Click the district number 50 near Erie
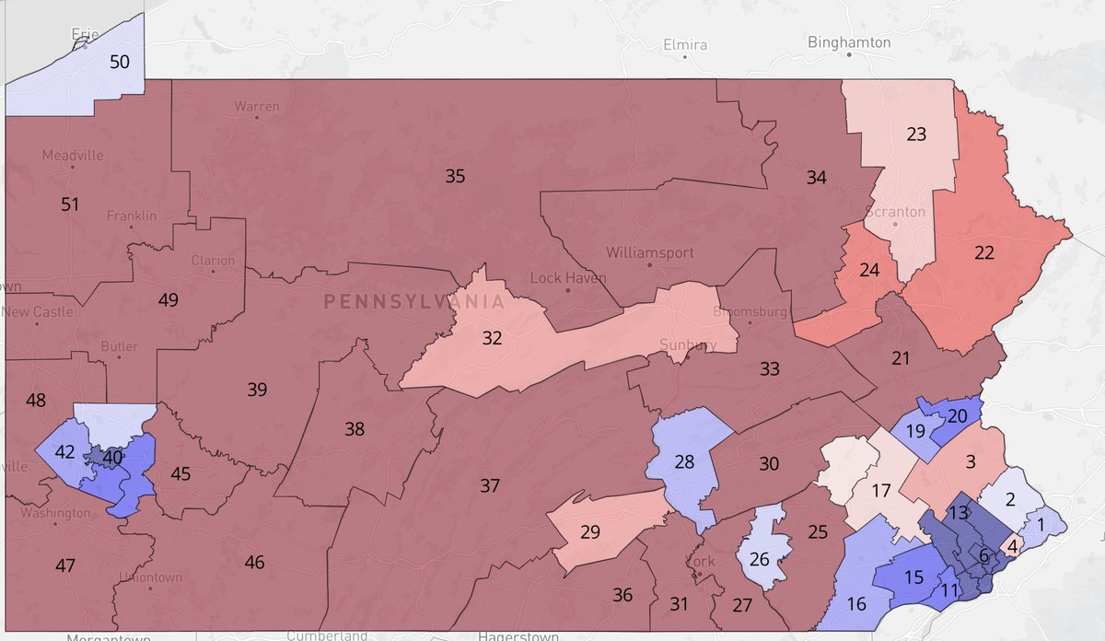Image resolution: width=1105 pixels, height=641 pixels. click(120, 63)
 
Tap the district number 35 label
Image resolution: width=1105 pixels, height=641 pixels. click(455, 176)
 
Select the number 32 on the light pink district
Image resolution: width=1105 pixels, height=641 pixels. click(493, 338)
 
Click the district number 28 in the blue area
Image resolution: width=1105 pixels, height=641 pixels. click(683, 461)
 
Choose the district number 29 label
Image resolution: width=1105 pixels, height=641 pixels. click(590, 531)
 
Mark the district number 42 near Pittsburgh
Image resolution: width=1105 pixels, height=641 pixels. click(64, 452)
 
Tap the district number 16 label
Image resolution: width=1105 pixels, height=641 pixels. click(856, 604)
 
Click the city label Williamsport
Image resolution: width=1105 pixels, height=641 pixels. click(650, 251)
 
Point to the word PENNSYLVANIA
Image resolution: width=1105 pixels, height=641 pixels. click(414, 301)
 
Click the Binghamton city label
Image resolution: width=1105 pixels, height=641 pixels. click(848, 42)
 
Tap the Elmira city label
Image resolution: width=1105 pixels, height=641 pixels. click(684, 43)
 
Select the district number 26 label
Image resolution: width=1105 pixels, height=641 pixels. click(761, 559)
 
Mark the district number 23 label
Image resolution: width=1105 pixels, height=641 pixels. click(916, 134)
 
